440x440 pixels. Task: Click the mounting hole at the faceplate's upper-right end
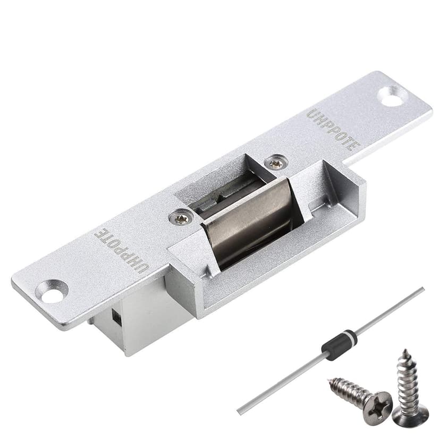[x=393, y=96]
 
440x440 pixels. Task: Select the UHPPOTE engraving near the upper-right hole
[x=334, y=129]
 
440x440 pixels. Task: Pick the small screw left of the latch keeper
[x=181, y=218]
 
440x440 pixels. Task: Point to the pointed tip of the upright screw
[x=405, y=351]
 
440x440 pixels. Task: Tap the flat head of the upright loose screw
[x=410, y=417]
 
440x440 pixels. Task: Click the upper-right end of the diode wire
[x=422, y=289]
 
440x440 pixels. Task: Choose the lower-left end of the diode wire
[x=240, y=412]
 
